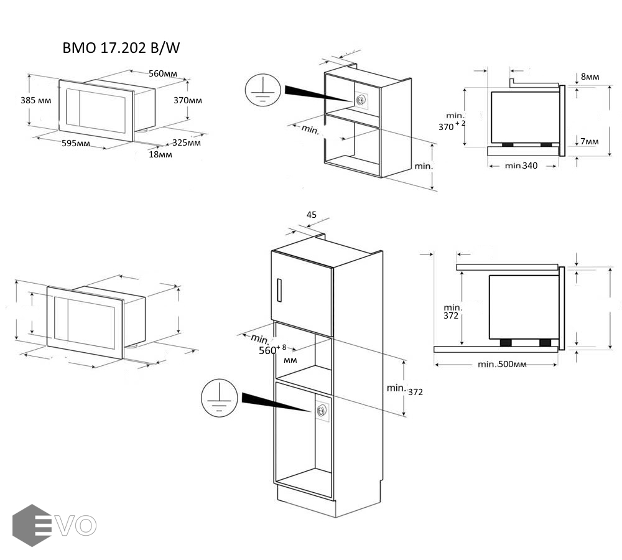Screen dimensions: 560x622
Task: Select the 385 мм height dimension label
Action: pyautogui.click(x=36, y=100)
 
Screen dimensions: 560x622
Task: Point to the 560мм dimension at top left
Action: pyautogui.click(x=162, y=73)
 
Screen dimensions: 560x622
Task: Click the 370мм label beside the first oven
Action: pyautogui.click(x=187, y=100)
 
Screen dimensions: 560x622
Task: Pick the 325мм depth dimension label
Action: pyautogui.click(x=187, y=142)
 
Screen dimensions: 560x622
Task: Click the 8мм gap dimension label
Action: pyautogui.click(x=590, y=77)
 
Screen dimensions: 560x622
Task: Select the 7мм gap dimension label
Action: pyautogui.click(x=589, y=142)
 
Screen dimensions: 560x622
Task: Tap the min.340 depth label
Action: pyautogui.click(x=521, y=166)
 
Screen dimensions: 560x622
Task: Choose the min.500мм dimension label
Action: pyautogui.click(x=502, y=364)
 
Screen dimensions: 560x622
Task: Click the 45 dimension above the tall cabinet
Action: pyautogui.click(x=312, y=215)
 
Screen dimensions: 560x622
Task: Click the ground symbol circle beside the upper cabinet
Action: pyautogui.click(x=261, y=90)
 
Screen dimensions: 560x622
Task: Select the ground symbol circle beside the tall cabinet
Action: pyautogui.click(x=217, y=398)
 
